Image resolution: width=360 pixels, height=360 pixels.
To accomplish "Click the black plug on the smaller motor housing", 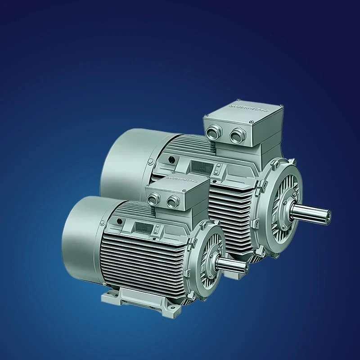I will click(x=119, y=221).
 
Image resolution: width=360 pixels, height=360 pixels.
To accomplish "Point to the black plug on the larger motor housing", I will click(x=172, y=158).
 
